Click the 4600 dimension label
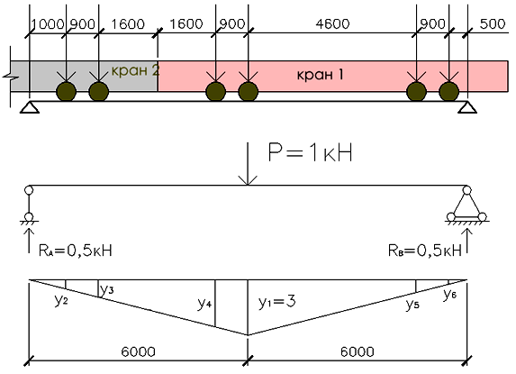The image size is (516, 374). [332, 24]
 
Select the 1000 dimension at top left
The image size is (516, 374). [48, 24]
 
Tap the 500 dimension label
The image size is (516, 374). [493, 24]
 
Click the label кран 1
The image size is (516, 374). [321, 75]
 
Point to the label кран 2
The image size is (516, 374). [136, 70]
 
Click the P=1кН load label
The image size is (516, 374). [311, 153]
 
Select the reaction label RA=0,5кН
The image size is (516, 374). [76, 251]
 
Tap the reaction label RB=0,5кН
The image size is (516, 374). [425, 251]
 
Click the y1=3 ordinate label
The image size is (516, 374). [276, 302]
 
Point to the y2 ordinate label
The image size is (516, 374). [61, 300]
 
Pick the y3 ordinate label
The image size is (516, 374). [107, 289]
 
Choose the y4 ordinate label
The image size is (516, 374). [204, 303]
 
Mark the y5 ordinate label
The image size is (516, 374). [412, 305]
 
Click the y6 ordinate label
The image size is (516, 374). [450, 294]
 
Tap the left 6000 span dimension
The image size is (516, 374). [138, 352]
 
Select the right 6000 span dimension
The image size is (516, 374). [357, 352]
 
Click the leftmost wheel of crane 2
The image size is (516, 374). [66, 92]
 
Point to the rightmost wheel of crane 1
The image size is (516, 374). [448, 92]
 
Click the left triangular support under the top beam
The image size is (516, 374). [30, 107]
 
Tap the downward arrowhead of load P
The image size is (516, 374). [248, 181]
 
